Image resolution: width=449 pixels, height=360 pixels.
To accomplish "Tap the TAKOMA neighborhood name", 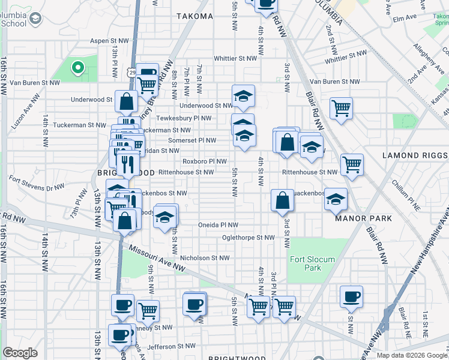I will coord(195,16).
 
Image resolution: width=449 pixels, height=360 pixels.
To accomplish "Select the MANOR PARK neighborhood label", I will coord(364,218).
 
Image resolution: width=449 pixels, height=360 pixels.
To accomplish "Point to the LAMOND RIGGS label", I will coord(414,155).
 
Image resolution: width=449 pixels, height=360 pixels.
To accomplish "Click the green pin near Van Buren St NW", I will coord(77,68).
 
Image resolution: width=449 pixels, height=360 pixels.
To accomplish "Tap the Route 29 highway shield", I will coord(131,72).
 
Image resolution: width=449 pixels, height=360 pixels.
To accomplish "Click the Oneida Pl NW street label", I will coord(218,225).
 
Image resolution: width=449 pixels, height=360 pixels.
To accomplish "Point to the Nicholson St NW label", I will coord(205,258).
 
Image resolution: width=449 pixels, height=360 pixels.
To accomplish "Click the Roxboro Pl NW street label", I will coord(205,161).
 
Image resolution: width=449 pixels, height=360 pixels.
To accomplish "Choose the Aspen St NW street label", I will coord(109,41).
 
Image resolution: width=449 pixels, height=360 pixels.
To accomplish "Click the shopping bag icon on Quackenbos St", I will coord(282,200).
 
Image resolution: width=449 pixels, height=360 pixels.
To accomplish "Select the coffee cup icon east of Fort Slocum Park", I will coord(351,296).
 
